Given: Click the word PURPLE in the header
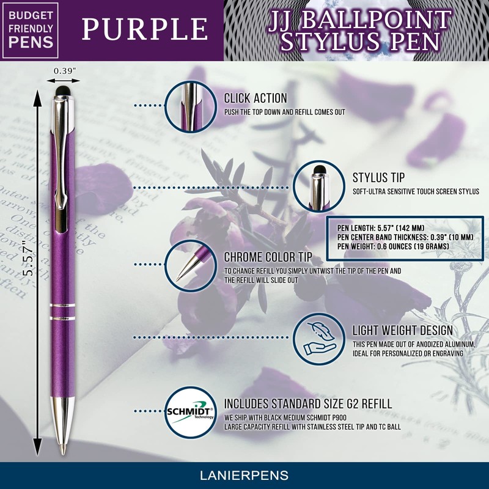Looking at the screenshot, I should tap(145, 29).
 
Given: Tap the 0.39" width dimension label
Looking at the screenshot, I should tap(65, 71).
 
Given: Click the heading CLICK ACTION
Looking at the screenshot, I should tap(255, 98).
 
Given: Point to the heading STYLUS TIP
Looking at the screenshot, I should tap(378, 178).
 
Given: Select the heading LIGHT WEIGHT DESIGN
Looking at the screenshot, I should tap(402, 331).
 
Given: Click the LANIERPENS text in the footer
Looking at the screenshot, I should tap(244, 475).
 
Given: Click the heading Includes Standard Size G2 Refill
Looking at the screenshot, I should tap(307, 404).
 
